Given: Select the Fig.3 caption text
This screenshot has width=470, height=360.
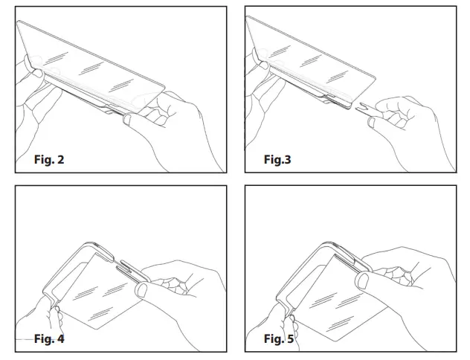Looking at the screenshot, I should (x=277, y=159).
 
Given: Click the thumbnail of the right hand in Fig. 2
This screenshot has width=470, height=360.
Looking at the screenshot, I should (x=129, y=119).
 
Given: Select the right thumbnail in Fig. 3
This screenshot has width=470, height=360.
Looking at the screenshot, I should (x=370, y=122).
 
